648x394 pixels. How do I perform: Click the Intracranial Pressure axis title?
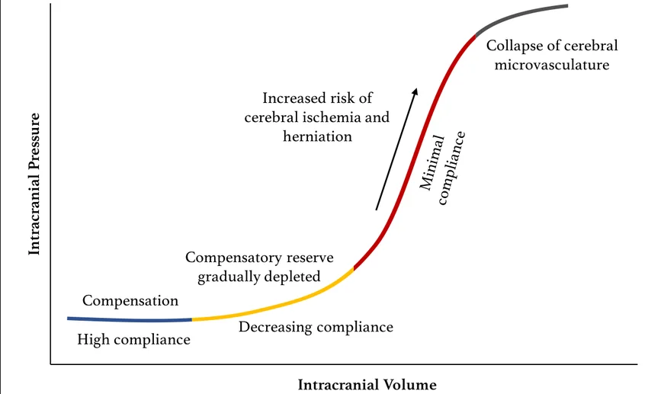34,184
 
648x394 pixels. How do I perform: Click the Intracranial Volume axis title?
367,385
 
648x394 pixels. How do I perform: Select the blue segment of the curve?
130,319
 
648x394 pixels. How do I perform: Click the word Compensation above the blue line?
130,301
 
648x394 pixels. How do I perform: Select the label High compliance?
133,339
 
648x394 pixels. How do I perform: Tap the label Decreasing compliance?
316,327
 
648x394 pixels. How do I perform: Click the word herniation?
317,136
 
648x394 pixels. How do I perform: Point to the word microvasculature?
552,65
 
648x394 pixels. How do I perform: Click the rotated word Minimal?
432,162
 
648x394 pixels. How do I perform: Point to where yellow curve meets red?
354,269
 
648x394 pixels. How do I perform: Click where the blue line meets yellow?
192,319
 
